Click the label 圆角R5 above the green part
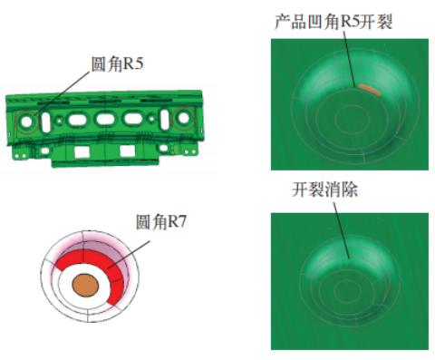click(118, 64)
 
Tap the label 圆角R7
click(161, 222)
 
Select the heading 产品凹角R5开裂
click(333, 22)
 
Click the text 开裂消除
click(325, 190)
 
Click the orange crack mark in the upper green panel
click(369, 90)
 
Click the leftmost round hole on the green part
click(26, 122)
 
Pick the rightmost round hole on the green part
click(183, 118)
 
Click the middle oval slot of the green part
click(105, 119)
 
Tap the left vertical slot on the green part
click(46, 122)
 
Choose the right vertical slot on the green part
click(165, 119)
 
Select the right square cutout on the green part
click(127, 151)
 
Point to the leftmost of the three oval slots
click(78, 120)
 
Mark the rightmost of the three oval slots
click(132, 118)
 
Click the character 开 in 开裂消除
click(300, 190)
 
